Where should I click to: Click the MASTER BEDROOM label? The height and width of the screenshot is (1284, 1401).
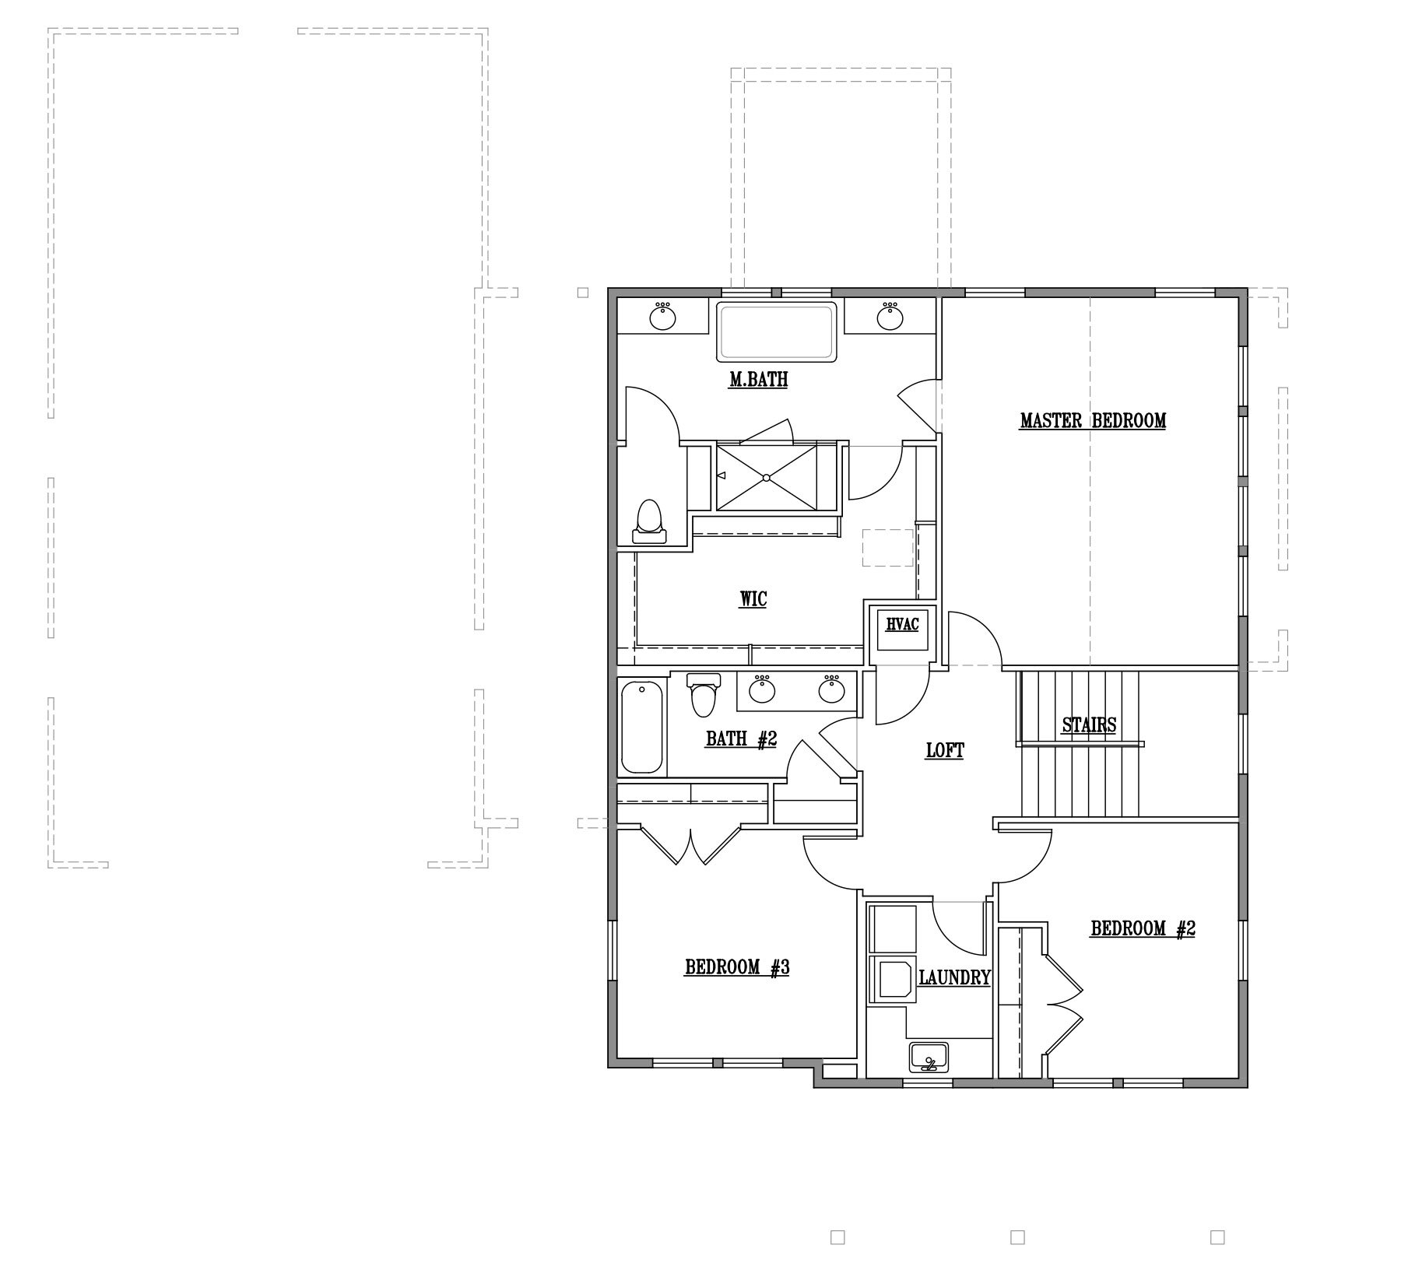pyautogui.click(x=1093, y=421)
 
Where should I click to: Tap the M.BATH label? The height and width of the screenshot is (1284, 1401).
pyautogui.click(x=758, y=380)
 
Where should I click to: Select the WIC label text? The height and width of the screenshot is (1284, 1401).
pyautogui.click(x=753, y=599)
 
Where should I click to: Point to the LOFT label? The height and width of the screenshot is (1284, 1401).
pyautogui.click(x=945, y=751)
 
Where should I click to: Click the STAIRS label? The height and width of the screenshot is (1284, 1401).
pyautogui.click(x=1090, y=725)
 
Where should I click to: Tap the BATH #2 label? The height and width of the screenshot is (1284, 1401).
pyautogui.click(x=742, y=738)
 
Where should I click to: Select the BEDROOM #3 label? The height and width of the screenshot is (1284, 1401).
pyautogui.click(x=738, y=967)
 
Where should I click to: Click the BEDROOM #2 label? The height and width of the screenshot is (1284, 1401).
pyautogui.click(x=1143, y=928)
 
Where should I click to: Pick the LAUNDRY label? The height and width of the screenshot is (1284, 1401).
pyautogui.click(x=955, y=978)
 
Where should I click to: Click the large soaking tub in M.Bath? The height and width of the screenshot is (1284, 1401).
pyautogui.click(x=776, y=332)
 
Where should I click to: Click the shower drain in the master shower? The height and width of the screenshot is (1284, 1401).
pyautogui.click(x=767, y=477)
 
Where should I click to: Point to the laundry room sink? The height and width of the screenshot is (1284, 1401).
pyautogui.click(x=929, y=1058)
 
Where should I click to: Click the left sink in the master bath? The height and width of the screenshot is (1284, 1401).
pyautogui.click(x=662, y=316)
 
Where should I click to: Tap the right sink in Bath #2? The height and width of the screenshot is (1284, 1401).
pyautogui.click(x=832, y=689)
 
